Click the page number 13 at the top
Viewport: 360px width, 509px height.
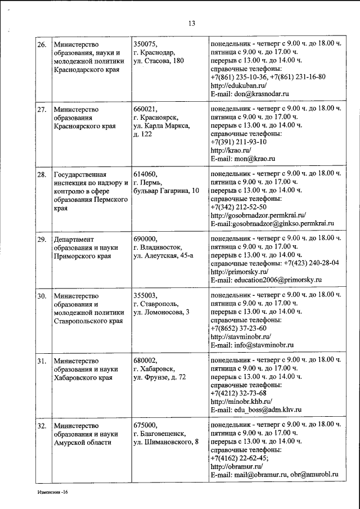[191, 23]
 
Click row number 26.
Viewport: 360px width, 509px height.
[41, 44]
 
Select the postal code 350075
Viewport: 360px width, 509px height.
[146, 44]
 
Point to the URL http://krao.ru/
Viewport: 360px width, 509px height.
[229, 151]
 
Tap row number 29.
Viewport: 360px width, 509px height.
[41, 240]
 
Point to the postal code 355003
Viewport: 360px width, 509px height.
[146, 295]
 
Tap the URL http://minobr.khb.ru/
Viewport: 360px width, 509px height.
[241, 402]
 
